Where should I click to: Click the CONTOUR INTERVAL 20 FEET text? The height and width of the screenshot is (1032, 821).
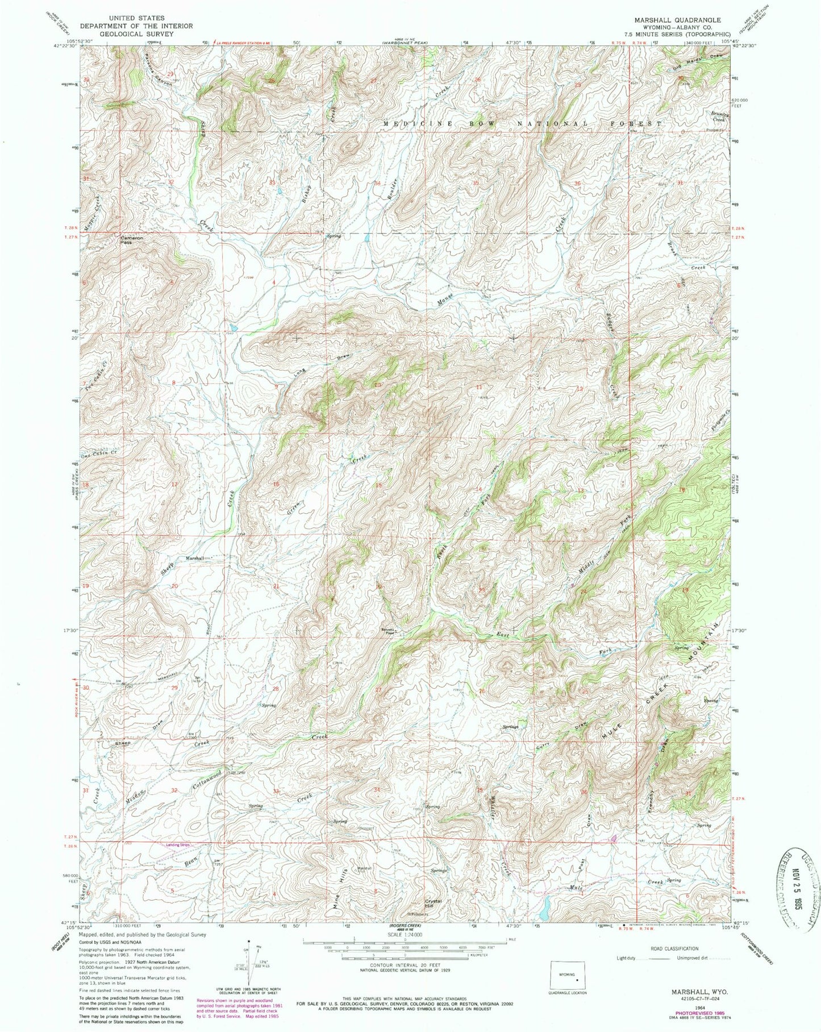[x=407, y=964]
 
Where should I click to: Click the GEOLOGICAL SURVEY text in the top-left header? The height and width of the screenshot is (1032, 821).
[x=136, y=34]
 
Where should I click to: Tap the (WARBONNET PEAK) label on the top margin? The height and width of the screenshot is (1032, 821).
[x=405, y=42]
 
